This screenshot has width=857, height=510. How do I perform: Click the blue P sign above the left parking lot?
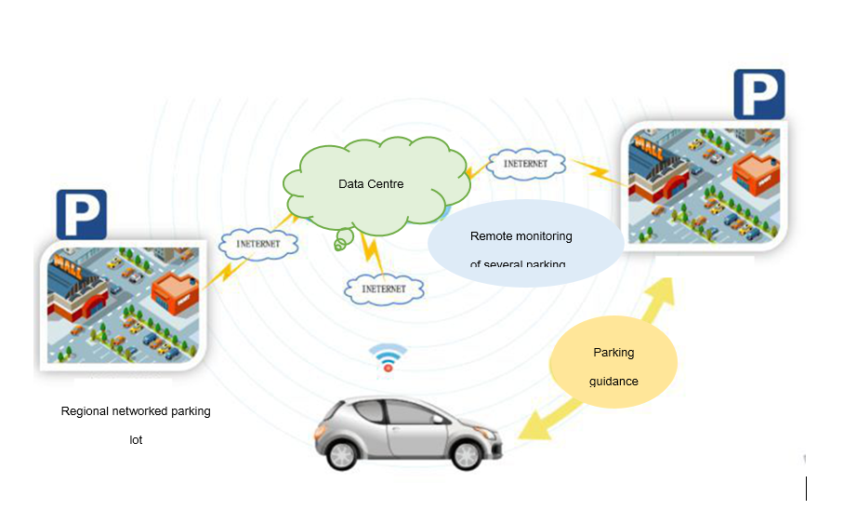pos(82,214)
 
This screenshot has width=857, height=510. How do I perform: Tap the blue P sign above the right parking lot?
pos(758,94)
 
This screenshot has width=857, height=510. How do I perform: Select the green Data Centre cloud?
pos(372,184)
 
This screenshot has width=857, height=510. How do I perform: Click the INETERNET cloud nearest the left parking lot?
pos(259,244)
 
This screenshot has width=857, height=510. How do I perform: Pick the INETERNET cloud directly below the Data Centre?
pos(384,289)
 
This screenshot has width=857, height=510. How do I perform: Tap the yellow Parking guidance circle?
pos(613,365)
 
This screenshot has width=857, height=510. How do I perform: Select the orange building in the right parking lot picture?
pos(755,172)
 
